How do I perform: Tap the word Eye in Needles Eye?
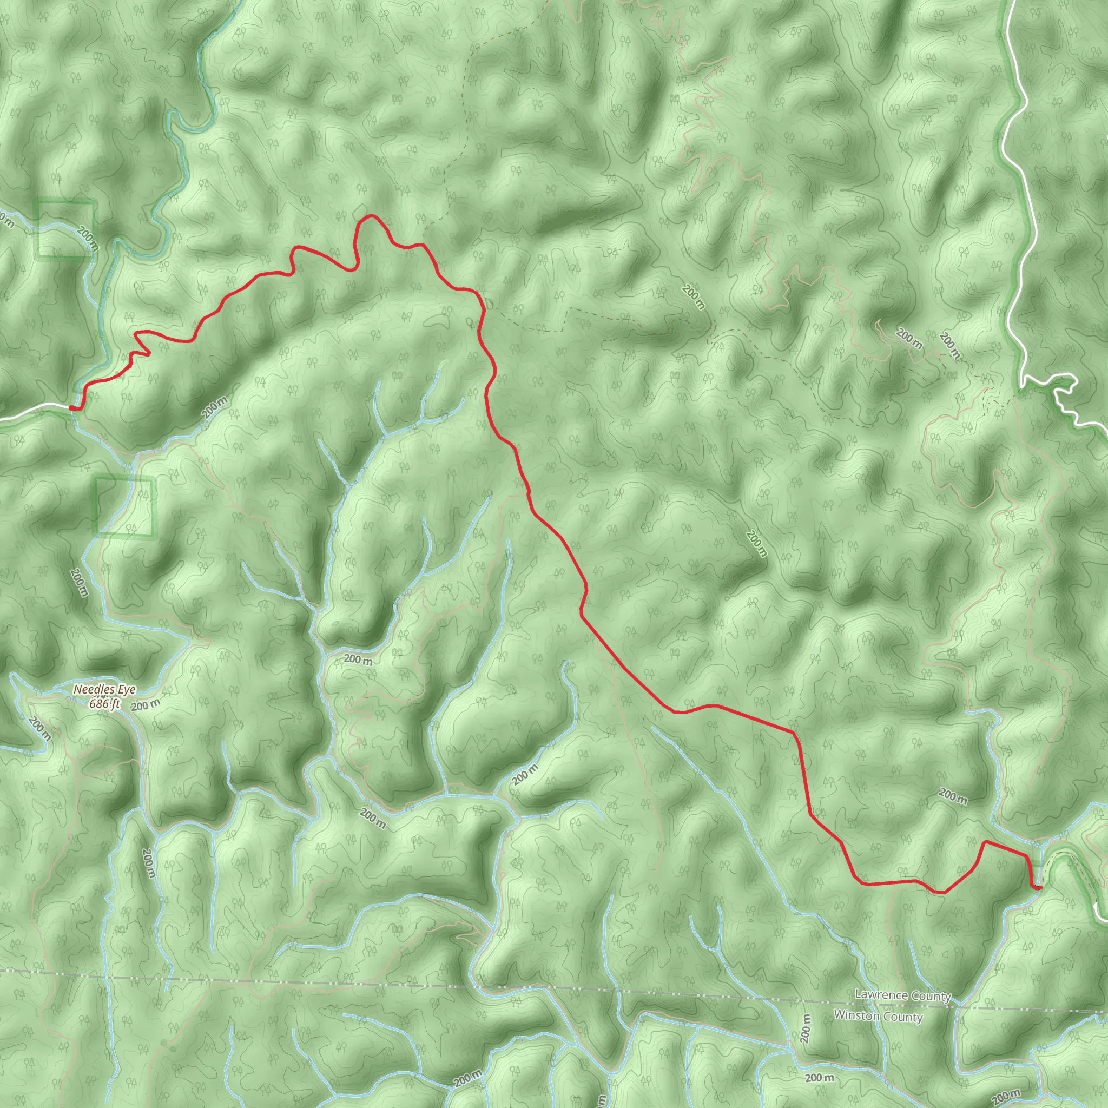point(127,689)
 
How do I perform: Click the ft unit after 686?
point(115,703)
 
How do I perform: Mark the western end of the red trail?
point(71,408)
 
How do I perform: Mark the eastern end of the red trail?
point(1039,888)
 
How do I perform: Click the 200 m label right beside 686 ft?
point(145,705)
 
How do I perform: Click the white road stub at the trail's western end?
point(35,410)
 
